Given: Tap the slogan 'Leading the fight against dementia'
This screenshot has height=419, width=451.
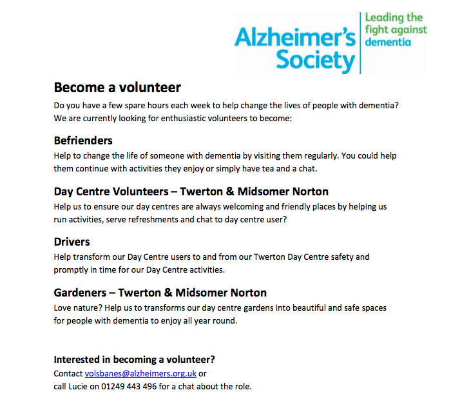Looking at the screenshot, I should [x=394, y=30].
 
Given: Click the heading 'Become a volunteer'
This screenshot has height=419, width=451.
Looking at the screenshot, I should [x=117, y=87].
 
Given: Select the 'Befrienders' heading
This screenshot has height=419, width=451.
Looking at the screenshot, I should [x=83, y=140].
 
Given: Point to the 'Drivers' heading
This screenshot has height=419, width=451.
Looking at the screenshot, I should [x=72, y=242].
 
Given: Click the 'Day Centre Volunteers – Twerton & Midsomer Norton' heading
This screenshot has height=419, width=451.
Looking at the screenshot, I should [x=191, y=191].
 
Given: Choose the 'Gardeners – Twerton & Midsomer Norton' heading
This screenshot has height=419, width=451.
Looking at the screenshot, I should [x=160, y=293].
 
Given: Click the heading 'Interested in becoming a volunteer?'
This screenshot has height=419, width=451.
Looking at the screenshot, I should [x=134, y=359].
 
